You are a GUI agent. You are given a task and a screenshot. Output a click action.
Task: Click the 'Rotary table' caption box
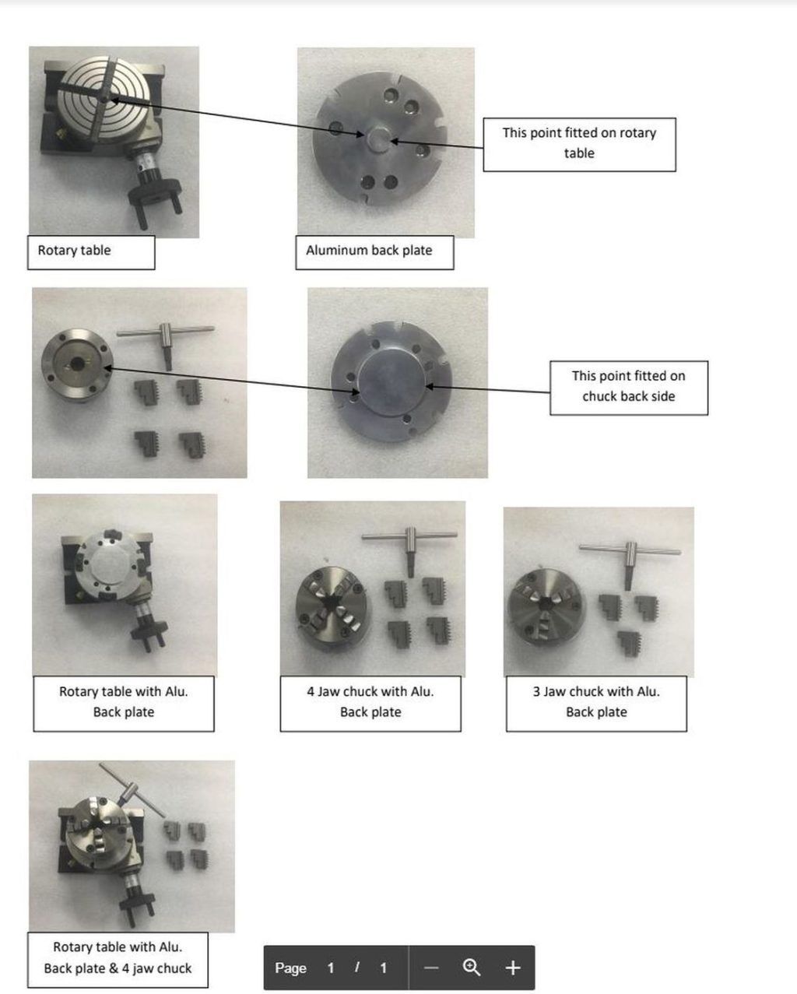click(90, 251)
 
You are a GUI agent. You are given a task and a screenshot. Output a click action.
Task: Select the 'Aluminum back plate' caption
click(374, 251)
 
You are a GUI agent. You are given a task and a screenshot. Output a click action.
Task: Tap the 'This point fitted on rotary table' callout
click(579, 144)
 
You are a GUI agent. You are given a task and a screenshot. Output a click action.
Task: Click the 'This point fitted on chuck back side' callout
click(628, 387)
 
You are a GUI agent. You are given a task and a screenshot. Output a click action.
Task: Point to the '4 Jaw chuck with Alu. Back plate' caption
click(370, 702)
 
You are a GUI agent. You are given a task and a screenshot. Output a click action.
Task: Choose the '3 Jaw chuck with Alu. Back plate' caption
click(596, 702)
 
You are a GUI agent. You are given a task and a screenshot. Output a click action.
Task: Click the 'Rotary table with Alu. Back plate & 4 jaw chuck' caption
click(118, 958)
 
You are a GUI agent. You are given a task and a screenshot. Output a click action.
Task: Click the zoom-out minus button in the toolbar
click(432, 968)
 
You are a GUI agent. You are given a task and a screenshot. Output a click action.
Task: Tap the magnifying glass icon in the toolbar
click(471, 968)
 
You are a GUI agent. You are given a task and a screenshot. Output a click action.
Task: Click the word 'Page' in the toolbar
click(290, 968)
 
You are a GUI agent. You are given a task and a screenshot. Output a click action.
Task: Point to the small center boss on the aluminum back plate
click(378, 138)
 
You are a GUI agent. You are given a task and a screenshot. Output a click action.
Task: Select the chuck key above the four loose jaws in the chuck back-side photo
click(166, 338)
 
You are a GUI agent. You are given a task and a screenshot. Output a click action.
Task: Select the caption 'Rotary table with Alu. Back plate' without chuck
click(124, 702)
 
